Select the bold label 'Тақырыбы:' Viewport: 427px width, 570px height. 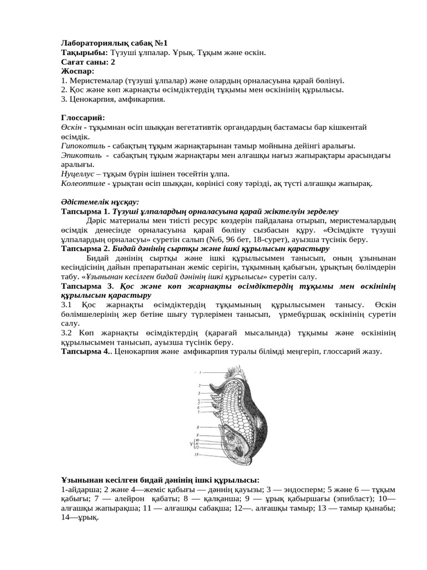click(85, 52)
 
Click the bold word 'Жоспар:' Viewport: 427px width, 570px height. click(78, 71)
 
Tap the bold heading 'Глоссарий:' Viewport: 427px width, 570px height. click(82, 118)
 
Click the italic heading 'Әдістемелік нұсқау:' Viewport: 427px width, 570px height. click(100, 202)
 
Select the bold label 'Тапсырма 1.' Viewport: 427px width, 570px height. click(85, 212)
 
